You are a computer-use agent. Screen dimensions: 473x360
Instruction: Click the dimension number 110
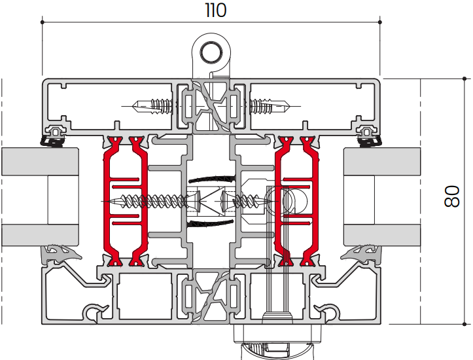215,10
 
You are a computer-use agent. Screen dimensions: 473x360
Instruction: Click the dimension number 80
451,196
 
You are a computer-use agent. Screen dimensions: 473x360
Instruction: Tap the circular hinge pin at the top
211,53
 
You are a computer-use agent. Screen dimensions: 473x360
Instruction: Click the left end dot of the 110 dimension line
43,22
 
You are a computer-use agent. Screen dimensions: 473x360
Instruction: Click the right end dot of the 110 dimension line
380,22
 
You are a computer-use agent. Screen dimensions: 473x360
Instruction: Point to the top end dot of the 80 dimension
464,79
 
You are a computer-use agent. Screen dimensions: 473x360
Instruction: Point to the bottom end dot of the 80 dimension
464,324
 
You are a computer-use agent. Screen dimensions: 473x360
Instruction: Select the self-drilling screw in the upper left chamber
152,106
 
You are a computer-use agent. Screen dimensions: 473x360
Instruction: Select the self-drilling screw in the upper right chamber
270,106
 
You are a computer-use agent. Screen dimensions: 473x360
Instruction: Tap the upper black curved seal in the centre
211,179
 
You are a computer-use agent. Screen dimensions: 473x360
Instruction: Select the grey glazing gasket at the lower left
60,253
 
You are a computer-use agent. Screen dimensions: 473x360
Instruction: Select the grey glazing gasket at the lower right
360,253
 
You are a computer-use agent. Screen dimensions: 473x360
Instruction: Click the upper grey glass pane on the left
40,162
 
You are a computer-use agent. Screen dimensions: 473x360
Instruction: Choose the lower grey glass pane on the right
382,235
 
